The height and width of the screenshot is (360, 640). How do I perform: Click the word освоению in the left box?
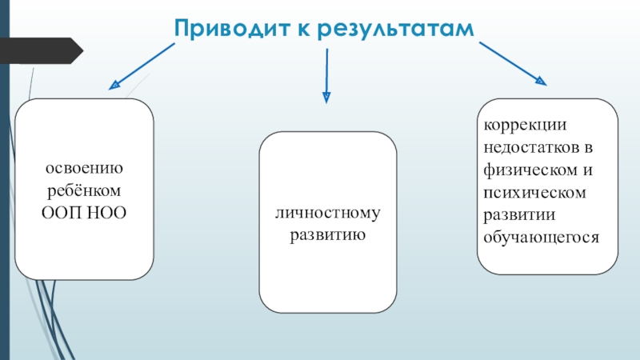pos(83,170)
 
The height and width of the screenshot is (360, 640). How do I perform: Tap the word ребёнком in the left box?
pos(83,192)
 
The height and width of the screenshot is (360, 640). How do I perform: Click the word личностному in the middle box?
pos(328,214)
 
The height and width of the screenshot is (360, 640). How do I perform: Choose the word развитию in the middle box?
pos(328,236)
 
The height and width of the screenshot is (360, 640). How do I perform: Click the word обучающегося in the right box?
pos(541,238)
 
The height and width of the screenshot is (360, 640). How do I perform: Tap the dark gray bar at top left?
pos(44,49)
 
